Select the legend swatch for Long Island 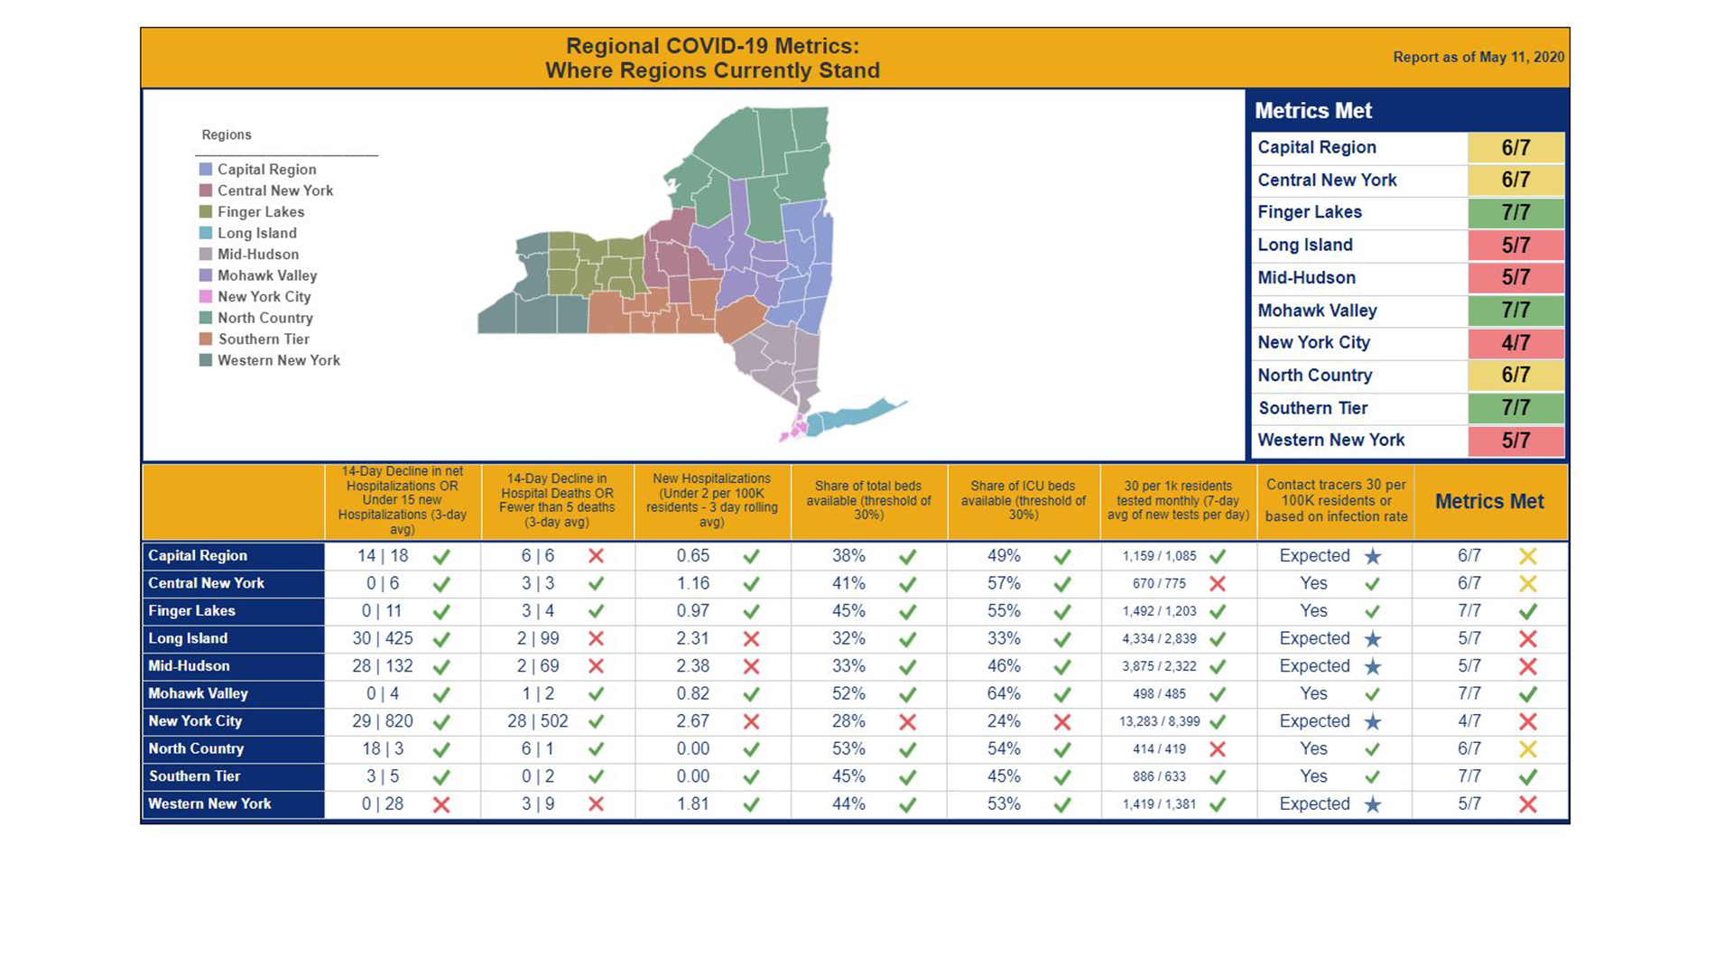click(x=206, y=233)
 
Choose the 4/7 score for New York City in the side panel click(x=1515, y=343)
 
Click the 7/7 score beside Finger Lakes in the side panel click(x=1515, y=213)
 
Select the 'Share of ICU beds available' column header click(x=1023, y=500)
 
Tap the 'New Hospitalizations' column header click(x=711, y=500)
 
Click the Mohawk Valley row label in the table click(x=198, y=693)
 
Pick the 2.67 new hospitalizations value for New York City click(x=693, y=721)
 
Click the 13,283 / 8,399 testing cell click(x=1159, y=721)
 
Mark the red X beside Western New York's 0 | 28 click(x=441, y=804)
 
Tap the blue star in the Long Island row click(x=1373, y=639)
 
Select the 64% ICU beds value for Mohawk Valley click(x=1004, y=693)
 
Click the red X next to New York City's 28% click(x=908, y=722)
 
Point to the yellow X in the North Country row click(x=1528, y=749)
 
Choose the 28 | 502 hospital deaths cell click(x=538, y=721)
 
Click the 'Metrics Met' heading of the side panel click(x=1313, y=111)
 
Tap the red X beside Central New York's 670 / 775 click(x=1218, y=584)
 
